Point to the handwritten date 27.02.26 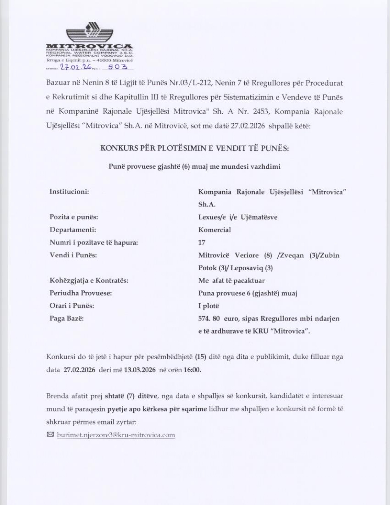pos(76,67)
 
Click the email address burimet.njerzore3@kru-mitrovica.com pos(116,435)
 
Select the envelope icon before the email pos(50,435)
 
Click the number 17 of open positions pos(202,242)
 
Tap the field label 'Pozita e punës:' pos(74,217)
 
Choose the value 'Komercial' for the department pos(214,230)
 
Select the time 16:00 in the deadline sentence pos(192,370)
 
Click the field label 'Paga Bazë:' pos(66,318)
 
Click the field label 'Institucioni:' pos(69,192)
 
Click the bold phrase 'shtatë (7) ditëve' pos(131,396)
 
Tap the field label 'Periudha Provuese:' pos(80,293)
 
